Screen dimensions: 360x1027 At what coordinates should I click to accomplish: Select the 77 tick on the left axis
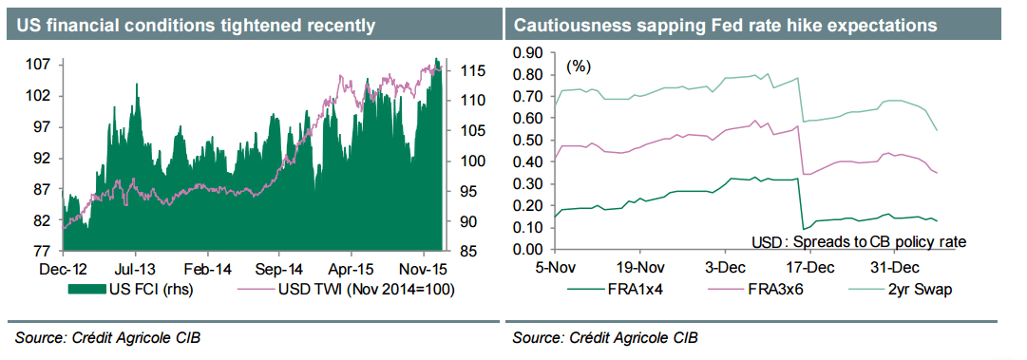pos(41,252)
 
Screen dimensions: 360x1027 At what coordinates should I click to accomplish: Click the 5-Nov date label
pos(555,268)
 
